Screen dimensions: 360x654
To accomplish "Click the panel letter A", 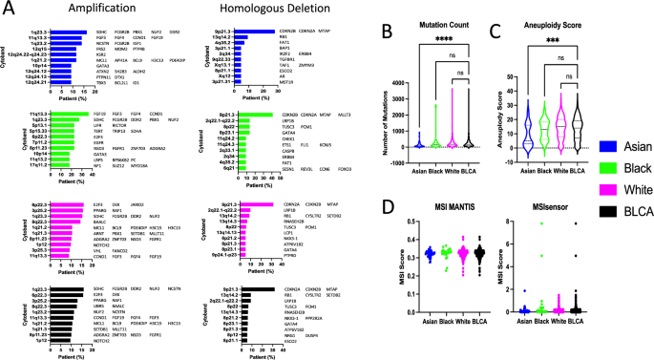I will (9, 8).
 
